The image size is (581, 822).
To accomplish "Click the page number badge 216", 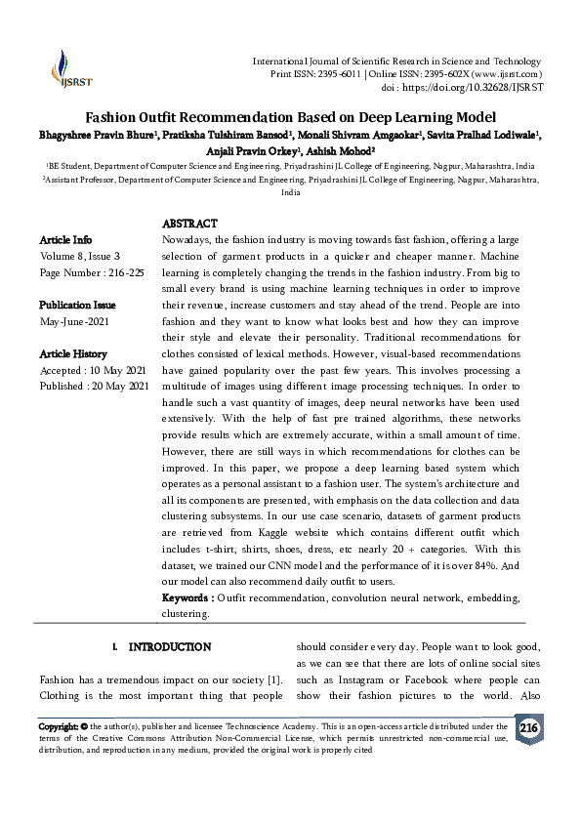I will [528, 729].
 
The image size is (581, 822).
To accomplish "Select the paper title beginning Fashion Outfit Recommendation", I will [290, 115].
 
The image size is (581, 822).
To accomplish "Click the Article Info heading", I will [66, 240].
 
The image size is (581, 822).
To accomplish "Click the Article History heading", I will [73, 354].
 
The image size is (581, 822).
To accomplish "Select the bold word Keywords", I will [186, 596].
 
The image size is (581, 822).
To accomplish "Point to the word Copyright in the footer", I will [58, 726].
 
